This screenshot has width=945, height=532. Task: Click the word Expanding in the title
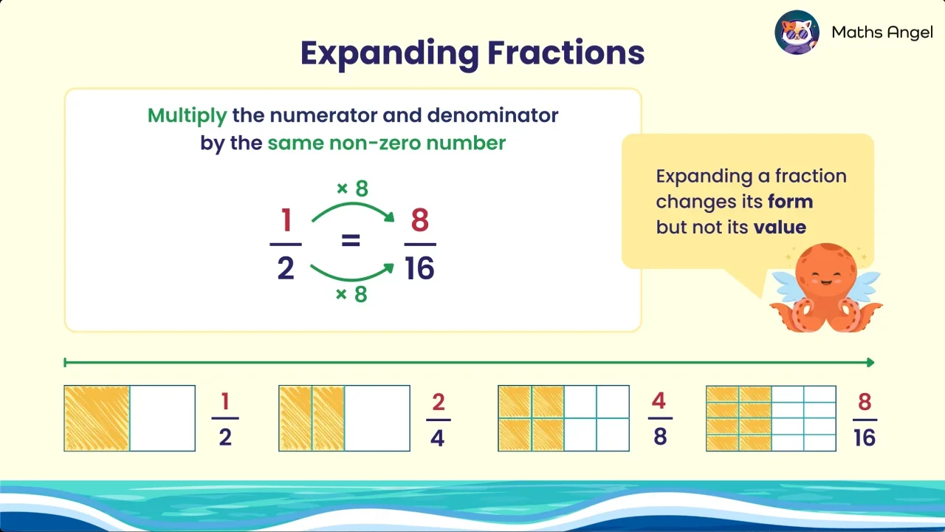click(388, 53)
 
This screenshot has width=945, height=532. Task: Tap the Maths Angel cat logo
click(798, 32)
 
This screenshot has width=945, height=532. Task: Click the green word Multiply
click(187, 116)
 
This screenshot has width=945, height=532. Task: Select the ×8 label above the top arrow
click(352, 189)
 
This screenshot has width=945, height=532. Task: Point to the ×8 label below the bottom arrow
click(352, 295)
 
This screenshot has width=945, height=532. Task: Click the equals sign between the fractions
click(351, 241)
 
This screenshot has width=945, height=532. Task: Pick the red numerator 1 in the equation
click(286, 220)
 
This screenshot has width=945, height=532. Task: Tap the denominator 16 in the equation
click(419, 269)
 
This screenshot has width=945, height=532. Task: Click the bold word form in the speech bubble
click(790, 202)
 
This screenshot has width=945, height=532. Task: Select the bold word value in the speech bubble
click(780, 228)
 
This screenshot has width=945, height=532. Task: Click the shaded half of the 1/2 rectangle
click(97, 418)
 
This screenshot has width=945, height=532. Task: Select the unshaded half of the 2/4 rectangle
click(377, 418)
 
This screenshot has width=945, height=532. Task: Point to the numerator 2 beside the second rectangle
click(439, 403)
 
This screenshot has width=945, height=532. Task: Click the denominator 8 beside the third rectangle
click(660, 437)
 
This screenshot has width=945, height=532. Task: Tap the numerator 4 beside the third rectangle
click(659, 402)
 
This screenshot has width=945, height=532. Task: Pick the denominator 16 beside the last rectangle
click(864, 437)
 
